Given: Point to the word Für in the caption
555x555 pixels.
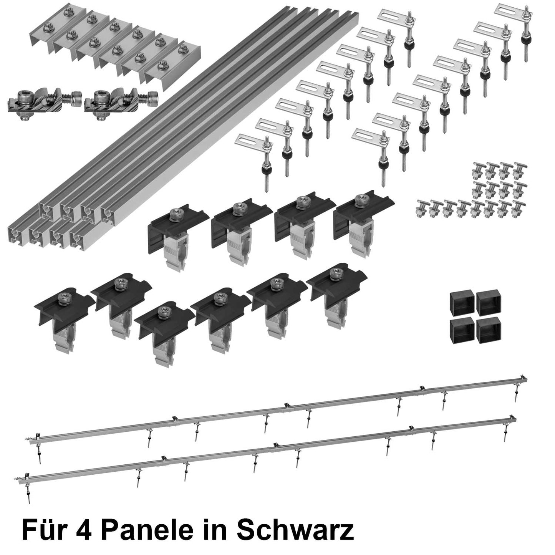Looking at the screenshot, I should (x=42, y=531).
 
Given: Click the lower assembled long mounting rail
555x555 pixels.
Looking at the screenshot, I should (x=269, y=449).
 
